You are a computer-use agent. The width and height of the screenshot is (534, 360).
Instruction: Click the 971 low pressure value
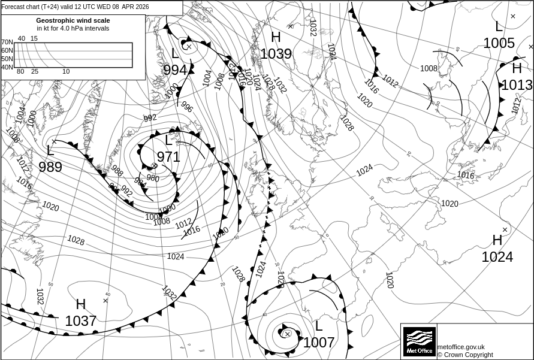(x=168, y=157)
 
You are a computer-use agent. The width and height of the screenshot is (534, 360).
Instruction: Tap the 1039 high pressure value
(x=276, y=54)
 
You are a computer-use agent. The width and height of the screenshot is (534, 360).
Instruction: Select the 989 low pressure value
(x=50, y=167)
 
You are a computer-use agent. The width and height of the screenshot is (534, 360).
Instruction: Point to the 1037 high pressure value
(x=81, y=321)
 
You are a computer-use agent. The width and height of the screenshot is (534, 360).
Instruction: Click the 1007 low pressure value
(x=319, y=343)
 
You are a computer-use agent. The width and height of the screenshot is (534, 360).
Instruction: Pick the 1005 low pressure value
(x=499, y=43)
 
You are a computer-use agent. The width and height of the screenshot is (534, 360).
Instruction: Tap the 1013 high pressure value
(x=517, y=85)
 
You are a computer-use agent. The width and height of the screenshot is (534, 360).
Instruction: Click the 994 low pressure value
(x=175, y=70)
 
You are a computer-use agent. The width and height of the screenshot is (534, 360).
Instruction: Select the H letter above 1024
(x=497, y=240)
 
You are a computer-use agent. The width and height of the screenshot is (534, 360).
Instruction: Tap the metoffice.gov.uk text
(x=461, y=347)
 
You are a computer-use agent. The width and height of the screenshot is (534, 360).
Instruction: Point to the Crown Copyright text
(x=465, y=355)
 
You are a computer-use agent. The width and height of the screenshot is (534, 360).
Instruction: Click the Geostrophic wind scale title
(x=73, y=20)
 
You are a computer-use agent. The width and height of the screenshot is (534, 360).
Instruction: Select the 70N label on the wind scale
(x=7, y=43)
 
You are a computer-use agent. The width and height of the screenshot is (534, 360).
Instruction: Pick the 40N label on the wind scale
(x=7, y=67)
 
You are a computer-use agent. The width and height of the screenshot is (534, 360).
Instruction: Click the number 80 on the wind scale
(x=20, y=72)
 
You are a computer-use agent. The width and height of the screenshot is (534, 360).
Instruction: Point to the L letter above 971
(x=168, y=141)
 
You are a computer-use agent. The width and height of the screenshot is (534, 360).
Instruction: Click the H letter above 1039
(x=276, y=37)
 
